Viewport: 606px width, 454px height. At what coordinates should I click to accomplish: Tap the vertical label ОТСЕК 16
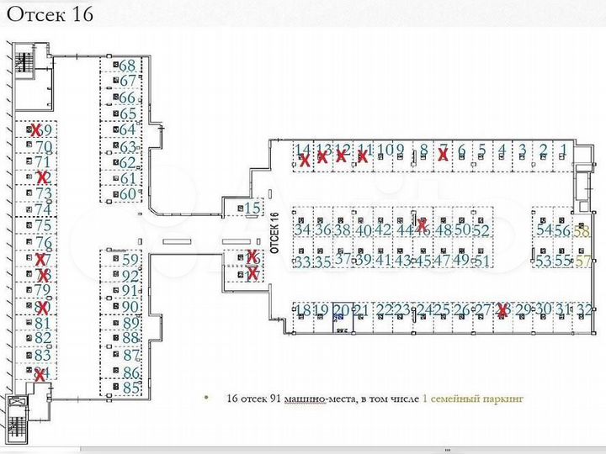tap(275, 230)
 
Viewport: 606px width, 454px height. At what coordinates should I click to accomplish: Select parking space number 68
tap(128, 66)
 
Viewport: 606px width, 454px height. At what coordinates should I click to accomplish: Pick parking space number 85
tap(130, 388)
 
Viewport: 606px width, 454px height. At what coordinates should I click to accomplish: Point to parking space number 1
tap(563, 151)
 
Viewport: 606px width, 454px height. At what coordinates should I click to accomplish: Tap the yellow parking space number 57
tap(582, 261)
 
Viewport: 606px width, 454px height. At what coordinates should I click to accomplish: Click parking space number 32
tap(584, 310)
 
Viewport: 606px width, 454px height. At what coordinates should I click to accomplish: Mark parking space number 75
tap(43, 225)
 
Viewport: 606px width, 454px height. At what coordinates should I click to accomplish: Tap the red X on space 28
tap(503, 311)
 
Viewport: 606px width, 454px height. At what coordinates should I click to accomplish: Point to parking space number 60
tap(128, 194)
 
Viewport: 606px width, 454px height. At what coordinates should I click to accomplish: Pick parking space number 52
tap(481, 230)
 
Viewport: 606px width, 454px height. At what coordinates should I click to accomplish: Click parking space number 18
tap(302, 311)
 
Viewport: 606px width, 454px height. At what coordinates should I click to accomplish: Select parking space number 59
tap(130, 260)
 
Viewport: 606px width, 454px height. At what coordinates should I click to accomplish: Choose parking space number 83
tap(43, 355)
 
